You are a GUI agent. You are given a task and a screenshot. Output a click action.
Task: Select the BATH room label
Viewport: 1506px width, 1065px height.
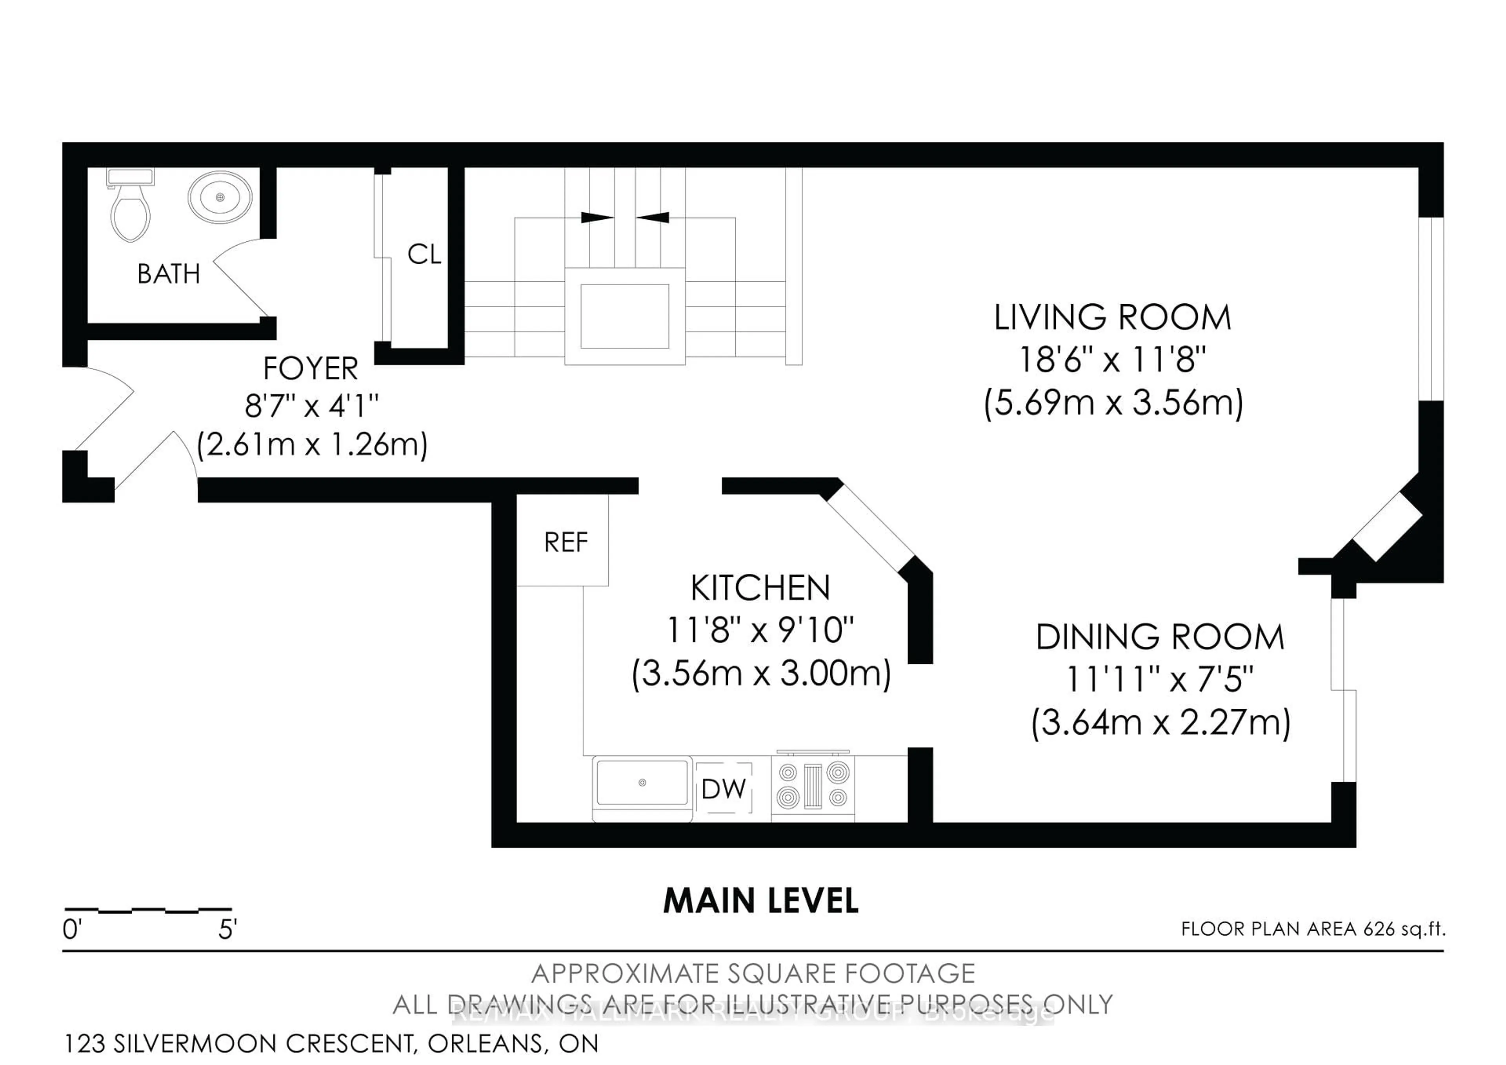[169, 274]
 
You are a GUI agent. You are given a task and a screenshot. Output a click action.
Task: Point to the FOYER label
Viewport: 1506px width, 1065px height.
[310, 369]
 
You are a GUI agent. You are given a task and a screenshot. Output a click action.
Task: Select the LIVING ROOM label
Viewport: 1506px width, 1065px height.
[1113, 317]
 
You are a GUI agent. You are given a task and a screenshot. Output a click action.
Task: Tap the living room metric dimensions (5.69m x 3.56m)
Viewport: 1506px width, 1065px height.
[1113, 402]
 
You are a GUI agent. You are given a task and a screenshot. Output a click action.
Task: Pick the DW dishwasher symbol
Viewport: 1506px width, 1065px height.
[724, 789]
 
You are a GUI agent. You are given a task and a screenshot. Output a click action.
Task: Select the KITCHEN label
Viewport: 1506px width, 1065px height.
[760, 588]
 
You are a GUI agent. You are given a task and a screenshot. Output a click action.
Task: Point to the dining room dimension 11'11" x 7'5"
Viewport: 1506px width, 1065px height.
[1160, 679]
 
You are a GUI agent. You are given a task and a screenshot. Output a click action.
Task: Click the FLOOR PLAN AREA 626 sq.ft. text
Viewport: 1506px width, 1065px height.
[1313, 928]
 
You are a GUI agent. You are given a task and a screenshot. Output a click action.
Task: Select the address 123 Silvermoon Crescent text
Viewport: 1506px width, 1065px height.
[331, 1043]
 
